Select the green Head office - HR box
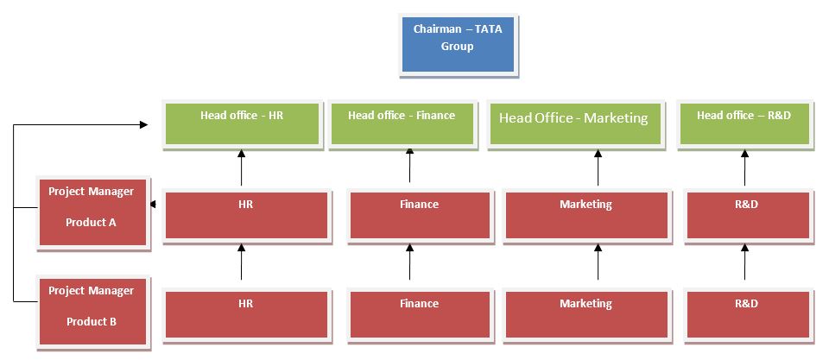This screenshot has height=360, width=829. [241, 124]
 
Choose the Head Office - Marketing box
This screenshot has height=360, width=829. [573, 124]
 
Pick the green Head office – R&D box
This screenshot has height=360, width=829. [744, 124]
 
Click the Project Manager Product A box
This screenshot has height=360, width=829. [91, 213]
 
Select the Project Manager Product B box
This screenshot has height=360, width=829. [91, 313]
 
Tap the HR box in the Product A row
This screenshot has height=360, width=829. [245, 214]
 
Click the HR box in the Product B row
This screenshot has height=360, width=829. [245, 313]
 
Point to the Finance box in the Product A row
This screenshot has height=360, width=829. [419, 214]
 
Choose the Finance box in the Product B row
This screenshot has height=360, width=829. [419, 313]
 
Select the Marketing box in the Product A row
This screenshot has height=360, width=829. [585, 214]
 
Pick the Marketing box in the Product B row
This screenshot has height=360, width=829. [585, 313]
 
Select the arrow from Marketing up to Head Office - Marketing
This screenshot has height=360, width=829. [598, 167]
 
